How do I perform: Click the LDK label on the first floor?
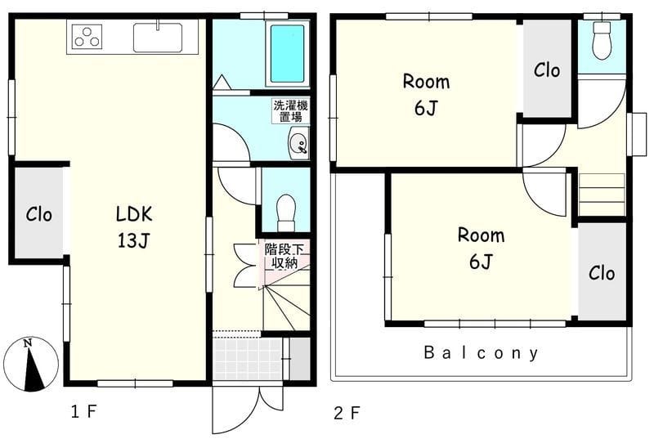tap(134, 214)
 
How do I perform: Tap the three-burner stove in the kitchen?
tap(87, 36)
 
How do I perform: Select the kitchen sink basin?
tap(158, 38)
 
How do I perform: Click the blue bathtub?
tap(287, 53)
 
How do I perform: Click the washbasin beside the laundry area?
tap(298, 143)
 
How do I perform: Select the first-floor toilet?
tap(286, 213)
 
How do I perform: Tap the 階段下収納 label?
tap(284, 256)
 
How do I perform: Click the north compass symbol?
tap(30, 364)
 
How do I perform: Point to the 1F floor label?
tap(84, 412)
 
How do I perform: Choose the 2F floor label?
tap(347, 413)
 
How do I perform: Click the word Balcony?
tap(481, 353)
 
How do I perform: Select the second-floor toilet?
tap(602, 40)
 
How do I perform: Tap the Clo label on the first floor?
tap(38, 215)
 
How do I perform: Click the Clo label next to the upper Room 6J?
tap(547, 70)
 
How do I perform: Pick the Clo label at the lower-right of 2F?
tap(602, 274)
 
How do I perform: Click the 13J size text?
tap(133, 240)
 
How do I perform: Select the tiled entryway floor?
tap(248, 359)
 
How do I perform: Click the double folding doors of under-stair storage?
tap(244, 266)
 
